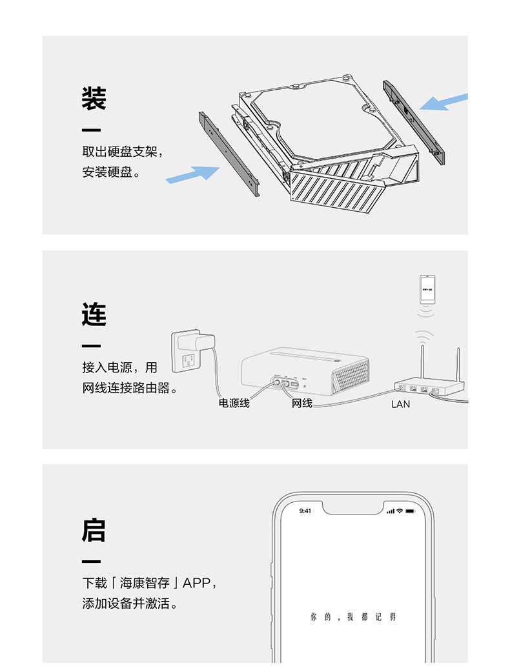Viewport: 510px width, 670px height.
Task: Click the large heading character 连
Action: click(94, 314)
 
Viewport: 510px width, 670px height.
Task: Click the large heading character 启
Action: click(94, 530)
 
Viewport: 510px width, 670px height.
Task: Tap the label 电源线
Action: click(234, 403)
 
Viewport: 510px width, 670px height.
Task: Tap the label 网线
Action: click(301, 403)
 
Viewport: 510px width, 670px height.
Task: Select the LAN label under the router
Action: click(400, 404)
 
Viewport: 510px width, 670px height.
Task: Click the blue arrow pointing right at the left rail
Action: click(193, 173)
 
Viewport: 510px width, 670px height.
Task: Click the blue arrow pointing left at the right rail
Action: click(444, 102)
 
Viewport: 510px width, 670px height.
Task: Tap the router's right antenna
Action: click(458, 364)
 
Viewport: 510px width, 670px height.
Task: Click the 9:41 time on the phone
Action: click(305, 511)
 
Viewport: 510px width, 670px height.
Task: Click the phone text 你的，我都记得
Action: click(353, 618)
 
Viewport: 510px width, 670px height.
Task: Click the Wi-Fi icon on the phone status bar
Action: click(400, 511)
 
